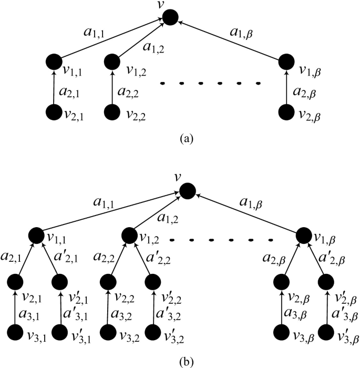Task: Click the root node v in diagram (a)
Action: (x=170, y=17)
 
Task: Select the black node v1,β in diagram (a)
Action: (x=286, y=62)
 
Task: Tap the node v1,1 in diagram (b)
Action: (x=36, y=234)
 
